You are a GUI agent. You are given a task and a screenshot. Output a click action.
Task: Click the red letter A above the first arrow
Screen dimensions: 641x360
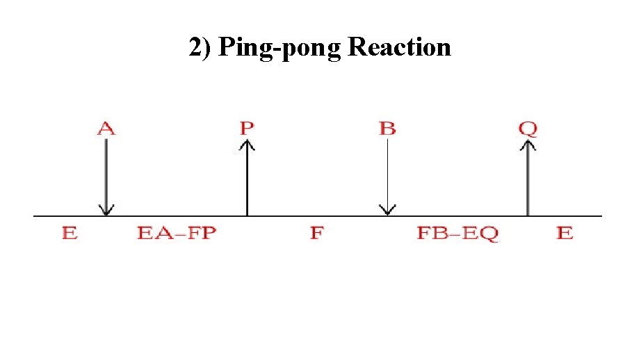tap(106, 129)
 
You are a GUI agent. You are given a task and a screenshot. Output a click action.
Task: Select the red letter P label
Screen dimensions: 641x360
tap(247, 129)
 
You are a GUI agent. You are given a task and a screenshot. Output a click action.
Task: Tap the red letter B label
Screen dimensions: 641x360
tap(387, 129)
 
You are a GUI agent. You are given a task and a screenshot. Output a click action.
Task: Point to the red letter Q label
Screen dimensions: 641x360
tap(528, 129)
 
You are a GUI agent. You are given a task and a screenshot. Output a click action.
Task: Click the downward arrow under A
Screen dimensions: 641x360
tap(106, 177)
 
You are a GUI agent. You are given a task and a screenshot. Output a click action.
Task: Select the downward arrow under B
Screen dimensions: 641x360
tap(387, 177)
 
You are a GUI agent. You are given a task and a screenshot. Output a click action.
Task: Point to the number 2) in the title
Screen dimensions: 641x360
tap(201, 48)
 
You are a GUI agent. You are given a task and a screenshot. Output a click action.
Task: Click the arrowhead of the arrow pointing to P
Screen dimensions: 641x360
tap(247, 143)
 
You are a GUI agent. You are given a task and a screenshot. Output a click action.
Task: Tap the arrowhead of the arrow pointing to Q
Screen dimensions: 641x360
tap(528, 143)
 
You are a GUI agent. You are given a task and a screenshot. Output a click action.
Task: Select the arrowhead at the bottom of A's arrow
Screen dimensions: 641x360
tap(106, 210)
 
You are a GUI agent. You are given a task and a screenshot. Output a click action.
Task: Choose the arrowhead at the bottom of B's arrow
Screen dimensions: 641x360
tap(387, 210)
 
